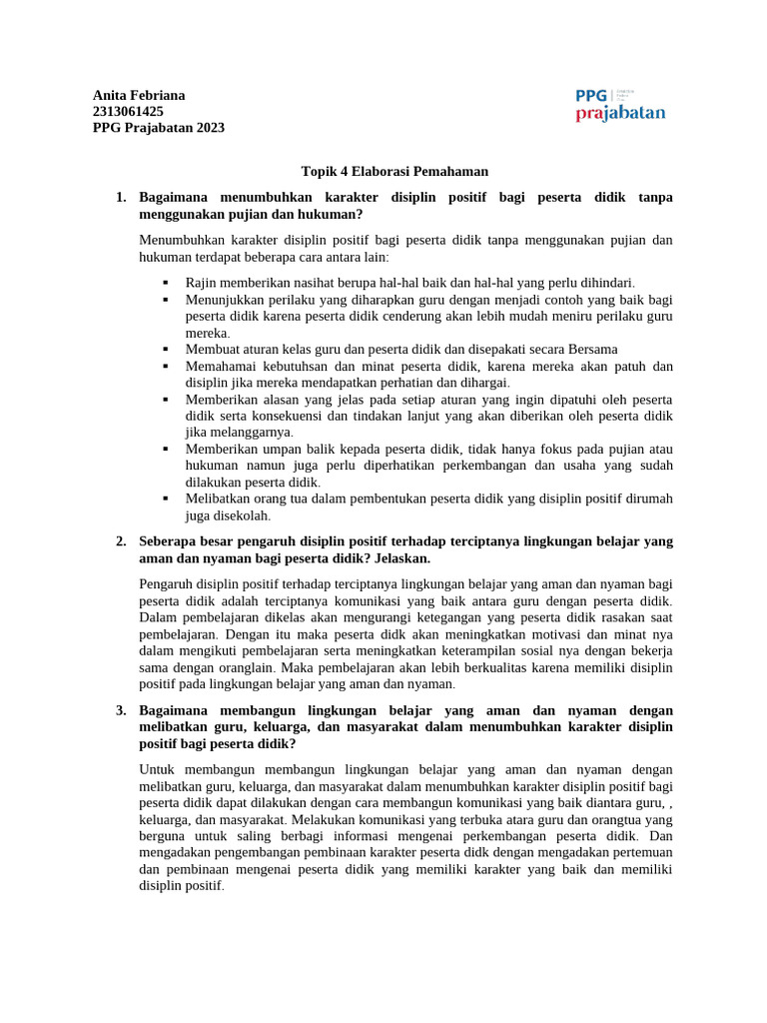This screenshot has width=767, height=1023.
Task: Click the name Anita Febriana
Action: tap(139, 95)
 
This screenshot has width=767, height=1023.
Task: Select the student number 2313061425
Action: tap(128, 111)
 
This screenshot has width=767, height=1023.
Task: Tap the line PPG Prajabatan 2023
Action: tap(158, 127)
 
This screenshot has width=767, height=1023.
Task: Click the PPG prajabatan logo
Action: tap(619, 104)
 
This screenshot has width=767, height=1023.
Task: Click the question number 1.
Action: tap(120, 198)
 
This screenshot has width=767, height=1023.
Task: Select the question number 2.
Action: tap(120, 541)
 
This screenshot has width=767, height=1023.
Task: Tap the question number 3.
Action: tap(120, 710)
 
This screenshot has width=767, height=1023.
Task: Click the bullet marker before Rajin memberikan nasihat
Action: tap(165, 283)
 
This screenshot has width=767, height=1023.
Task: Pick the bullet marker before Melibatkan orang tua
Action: tap(165, 499)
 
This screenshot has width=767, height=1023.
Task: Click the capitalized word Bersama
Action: tap(592, 349)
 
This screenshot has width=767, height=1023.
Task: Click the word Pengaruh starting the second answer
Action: tap(167, 583)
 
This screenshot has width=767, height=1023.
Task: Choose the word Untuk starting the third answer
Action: tap(158, 769)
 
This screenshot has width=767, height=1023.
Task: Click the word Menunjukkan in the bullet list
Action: tap(227, 299)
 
